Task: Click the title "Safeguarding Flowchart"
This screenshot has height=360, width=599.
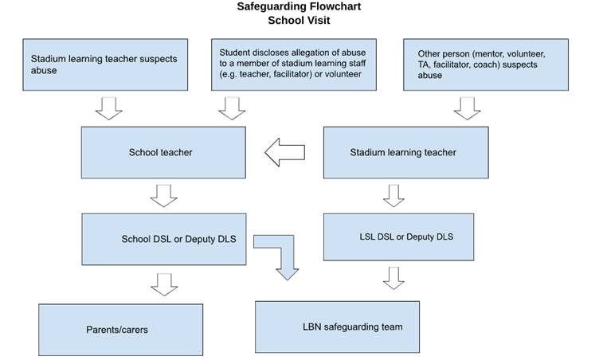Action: [299, 6]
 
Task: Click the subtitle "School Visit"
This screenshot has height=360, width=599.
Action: [299, 20]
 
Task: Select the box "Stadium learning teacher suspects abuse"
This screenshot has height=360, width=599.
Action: [105, 65]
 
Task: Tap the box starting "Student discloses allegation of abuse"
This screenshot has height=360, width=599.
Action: [294, 65]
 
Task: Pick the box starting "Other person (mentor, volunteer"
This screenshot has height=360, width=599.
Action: [486, 65]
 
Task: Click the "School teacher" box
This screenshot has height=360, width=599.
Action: [163, 152]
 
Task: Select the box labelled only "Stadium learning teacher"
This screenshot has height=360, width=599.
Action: [406, 152]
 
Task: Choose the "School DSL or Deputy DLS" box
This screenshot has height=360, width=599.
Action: [164, 239]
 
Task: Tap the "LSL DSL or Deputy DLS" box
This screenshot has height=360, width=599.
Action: [399, 237]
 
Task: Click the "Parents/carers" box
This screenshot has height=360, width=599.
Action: [121, 330]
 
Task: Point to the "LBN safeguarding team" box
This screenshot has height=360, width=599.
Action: [337, 327]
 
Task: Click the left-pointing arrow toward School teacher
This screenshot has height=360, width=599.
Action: [285, 152]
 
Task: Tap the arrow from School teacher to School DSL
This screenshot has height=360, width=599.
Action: [164, 196]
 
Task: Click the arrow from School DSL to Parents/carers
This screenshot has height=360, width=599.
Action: [164, 284]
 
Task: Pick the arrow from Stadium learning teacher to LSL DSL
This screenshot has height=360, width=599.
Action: [393, 196]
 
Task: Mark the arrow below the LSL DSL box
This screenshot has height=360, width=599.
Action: [393, 278]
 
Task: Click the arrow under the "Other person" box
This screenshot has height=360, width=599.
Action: [468, 108]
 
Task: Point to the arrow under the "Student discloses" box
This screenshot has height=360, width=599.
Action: [232, 108]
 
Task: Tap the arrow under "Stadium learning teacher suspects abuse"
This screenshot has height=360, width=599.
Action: [109, 108]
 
